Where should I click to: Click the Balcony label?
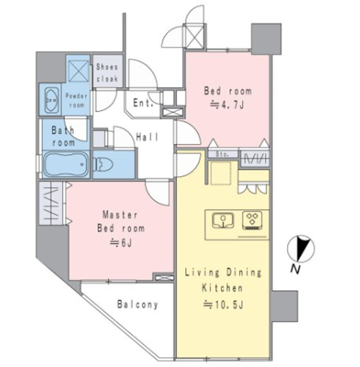(138, 304)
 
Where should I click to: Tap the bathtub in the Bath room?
(66, 164)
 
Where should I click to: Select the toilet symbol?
(103, 164)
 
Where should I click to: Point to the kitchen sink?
(223, 220)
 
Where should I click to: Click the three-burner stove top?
(252, 220)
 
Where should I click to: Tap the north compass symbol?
(301, 248)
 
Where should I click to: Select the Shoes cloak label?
(107, 73)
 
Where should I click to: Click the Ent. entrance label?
(143, 103)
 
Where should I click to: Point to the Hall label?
(148, 137)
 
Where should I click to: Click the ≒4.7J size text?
(227, 105)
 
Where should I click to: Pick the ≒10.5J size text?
(223, 304)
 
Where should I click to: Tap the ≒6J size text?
(121, 243)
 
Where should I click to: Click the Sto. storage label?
(222, 154)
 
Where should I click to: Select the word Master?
(120, 214)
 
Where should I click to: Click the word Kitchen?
(222, 287)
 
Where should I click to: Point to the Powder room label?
(76, 101)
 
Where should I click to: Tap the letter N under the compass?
(295, 269)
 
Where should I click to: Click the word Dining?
(244, 273)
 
